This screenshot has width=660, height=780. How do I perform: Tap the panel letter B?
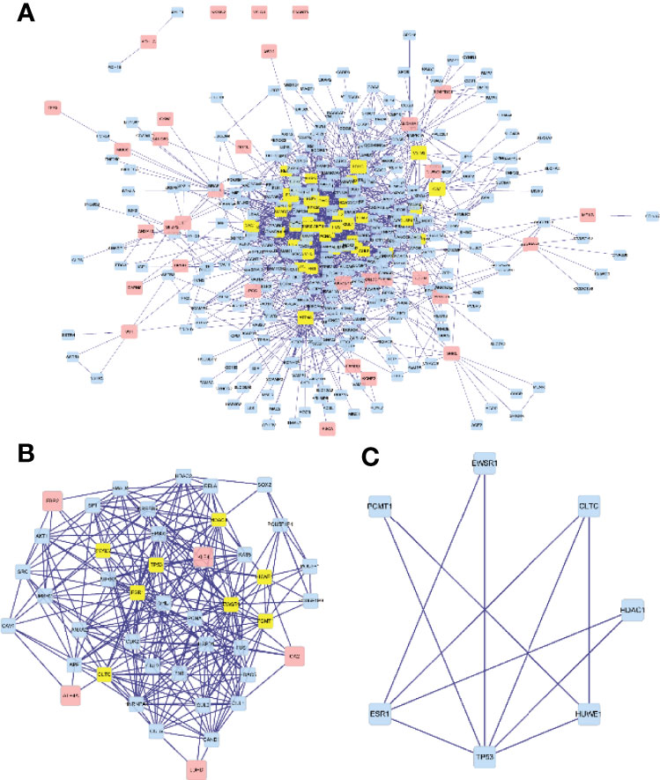point(26,454)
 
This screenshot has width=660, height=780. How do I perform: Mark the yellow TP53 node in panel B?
point(156,564)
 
